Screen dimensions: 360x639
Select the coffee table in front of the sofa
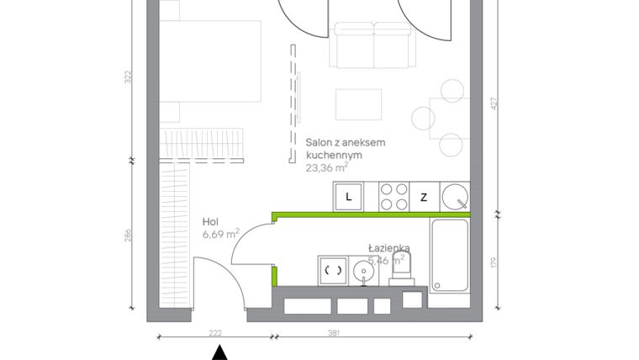coord(359,105)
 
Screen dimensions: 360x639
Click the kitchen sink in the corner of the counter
coord(455,198)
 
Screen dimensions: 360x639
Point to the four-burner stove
coord(394,198)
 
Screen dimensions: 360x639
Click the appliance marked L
coord(349,198)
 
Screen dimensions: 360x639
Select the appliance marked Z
coord(425,198)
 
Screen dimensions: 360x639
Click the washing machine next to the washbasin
coord(333,271)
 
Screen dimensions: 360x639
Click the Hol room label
coord(211,222)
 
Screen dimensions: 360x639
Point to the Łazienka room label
coord(388,248)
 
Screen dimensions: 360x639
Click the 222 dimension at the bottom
coord(215,333)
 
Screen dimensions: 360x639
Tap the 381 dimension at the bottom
coord(333,333)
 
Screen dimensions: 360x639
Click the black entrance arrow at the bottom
coord(219,352)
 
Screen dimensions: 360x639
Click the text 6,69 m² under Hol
coord(221,233)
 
